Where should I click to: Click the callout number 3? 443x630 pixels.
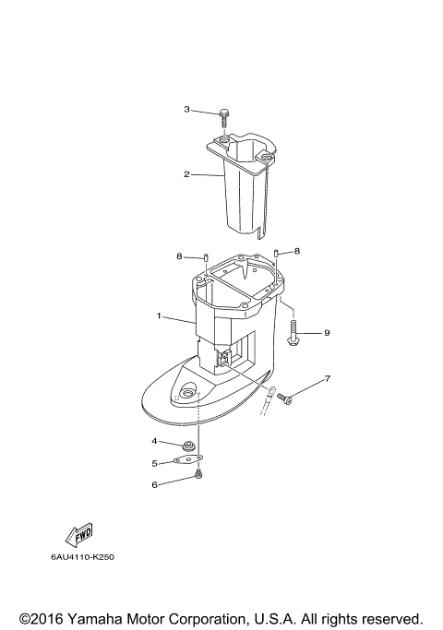click(x=186, y=110)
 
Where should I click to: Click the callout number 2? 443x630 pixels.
click(x=186, y=173)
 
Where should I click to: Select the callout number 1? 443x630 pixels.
click(x=159, y=316)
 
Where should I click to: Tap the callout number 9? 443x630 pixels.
click(x=326, y=332)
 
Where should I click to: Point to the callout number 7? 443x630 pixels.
click(x=326, y=379)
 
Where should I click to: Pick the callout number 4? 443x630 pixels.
click(x=155, y=441)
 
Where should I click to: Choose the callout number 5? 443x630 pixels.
click(x=155, y=463)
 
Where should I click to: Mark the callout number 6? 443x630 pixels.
click(x=155, y=484)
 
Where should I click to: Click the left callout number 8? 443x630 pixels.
click(x=179, y=256)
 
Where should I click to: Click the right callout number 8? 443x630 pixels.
click(x=297, y=251)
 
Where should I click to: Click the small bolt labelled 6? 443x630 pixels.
click(x=198, y=476)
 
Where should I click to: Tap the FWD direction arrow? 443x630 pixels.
click(x=78, y=535)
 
